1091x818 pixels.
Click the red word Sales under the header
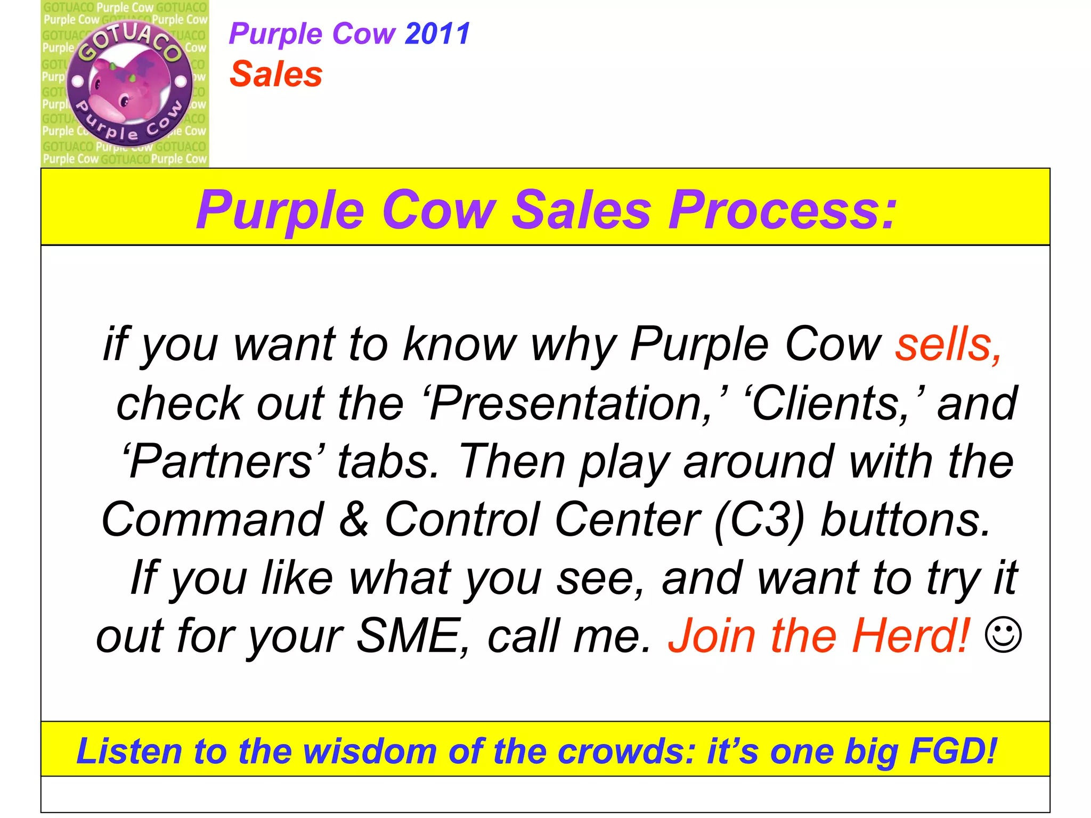pyautogui.click(x=276, y=74)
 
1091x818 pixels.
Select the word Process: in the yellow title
pyautogui.click(x=783, y=210)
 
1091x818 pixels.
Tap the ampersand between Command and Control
pyautogui.click(x=354, y=519)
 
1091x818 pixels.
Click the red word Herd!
pyautogui.click(x=911, y=636)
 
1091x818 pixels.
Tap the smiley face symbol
pyautogui.click(x=1004, y=635)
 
